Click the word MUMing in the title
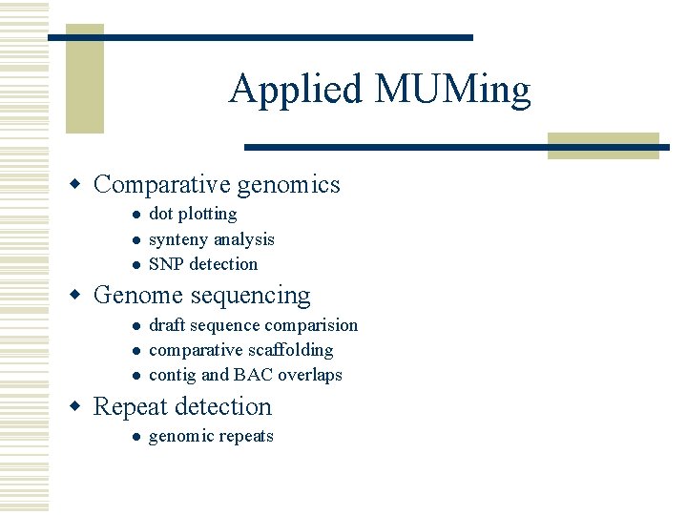pyautogui.click(x=452, y=90)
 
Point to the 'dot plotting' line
pyautogui.click(x=193, y=215)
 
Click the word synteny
pyautogui.click(x=178, y=239)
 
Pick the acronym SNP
pyautogui.click(x=166, y=264)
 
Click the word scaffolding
pyautogui.click(x=286, y=350)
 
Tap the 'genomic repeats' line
pyautogui.click(x=211, y=437)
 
